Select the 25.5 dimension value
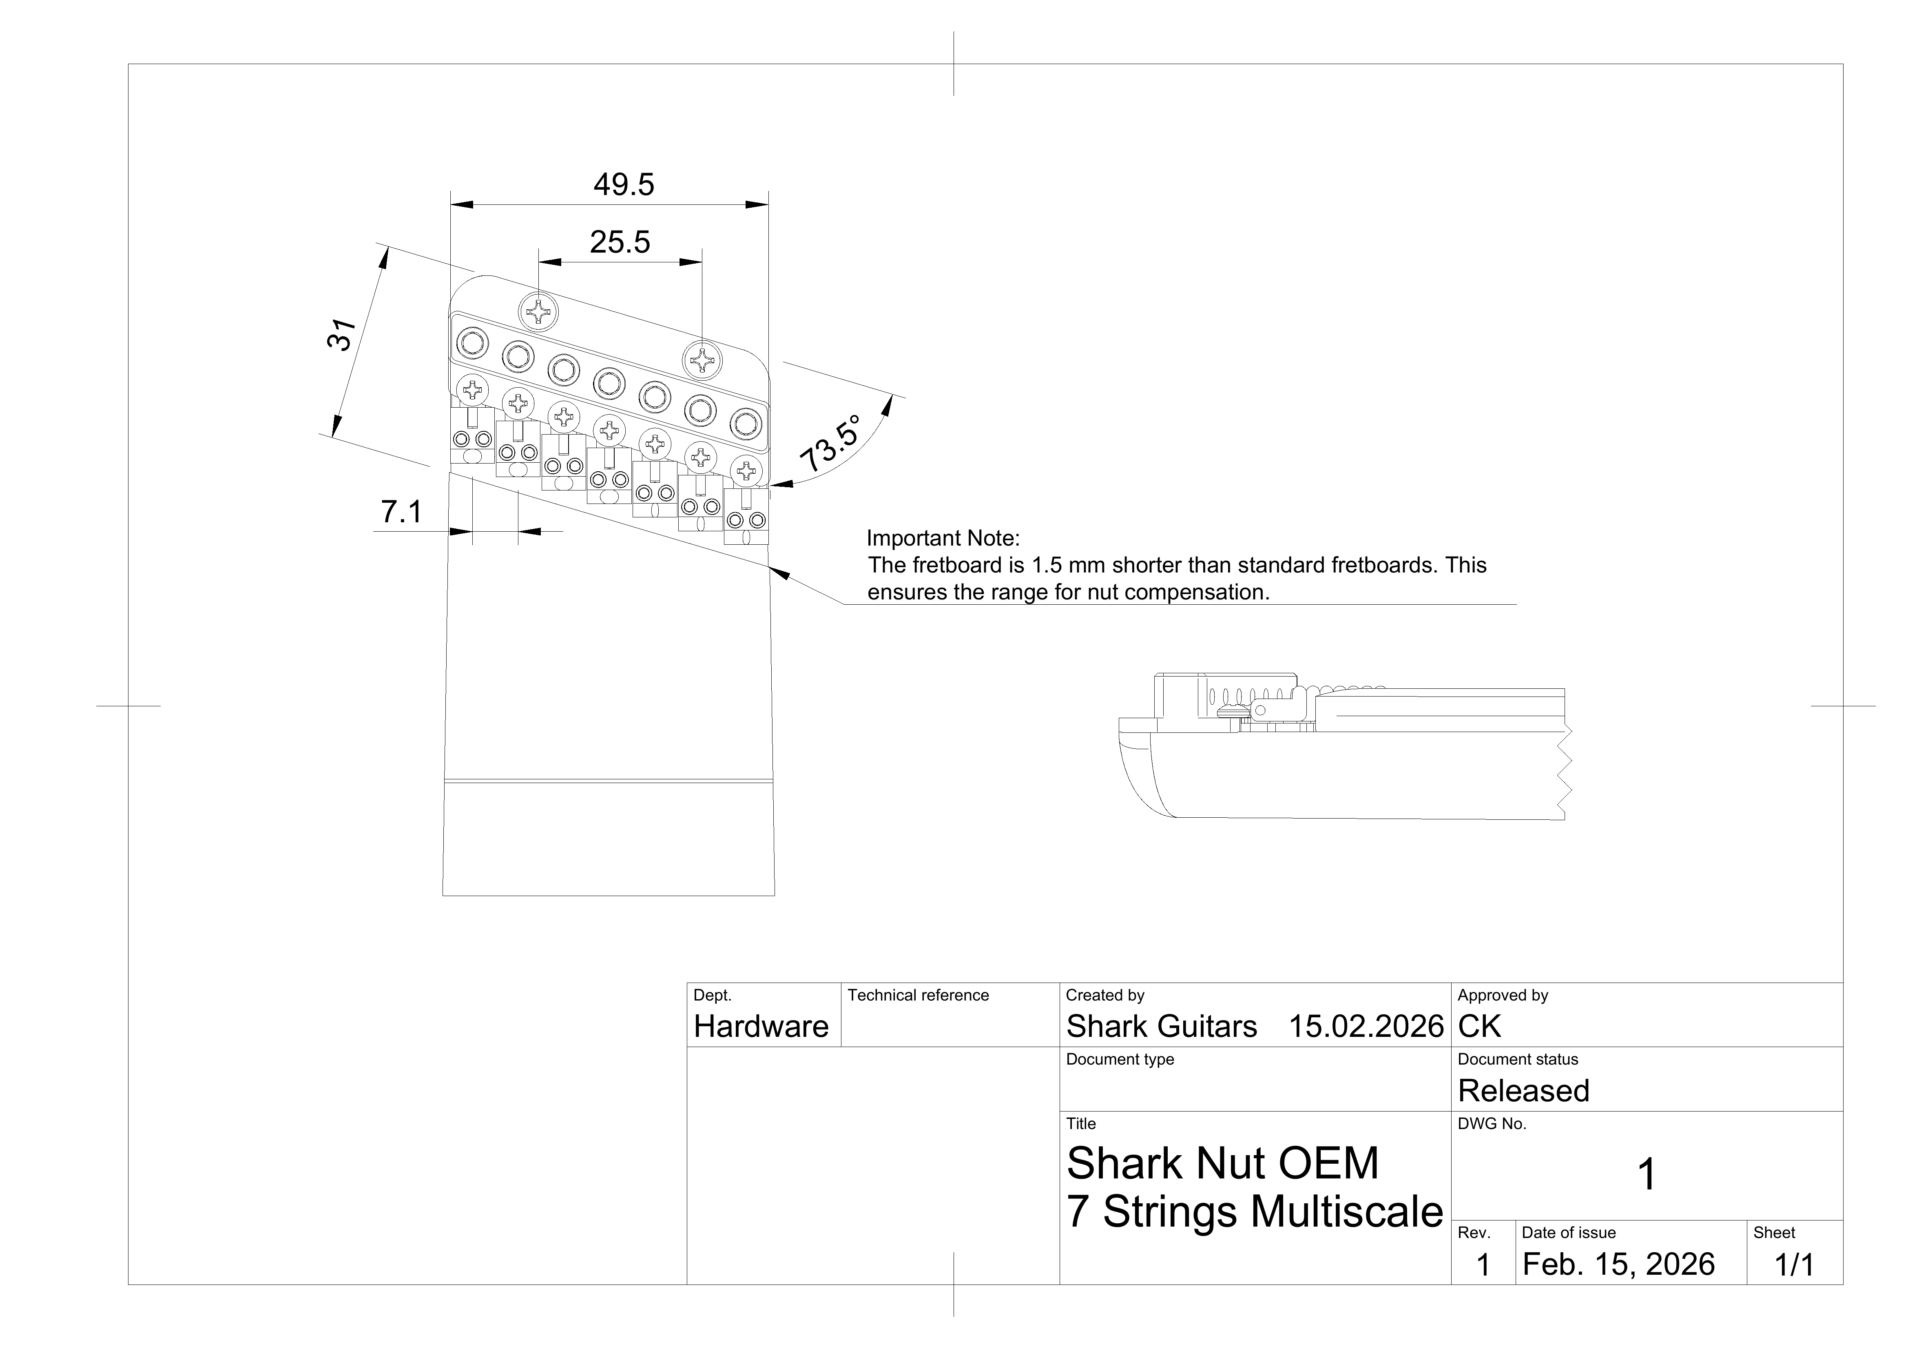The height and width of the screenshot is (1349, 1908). click(620, 242)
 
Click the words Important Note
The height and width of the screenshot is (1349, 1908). click(942, 539)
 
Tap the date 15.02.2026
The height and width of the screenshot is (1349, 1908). click(1366, 1027)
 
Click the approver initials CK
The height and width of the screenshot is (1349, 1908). click(1479, 1027)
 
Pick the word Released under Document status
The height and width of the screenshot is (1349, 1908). click(1523, 1091)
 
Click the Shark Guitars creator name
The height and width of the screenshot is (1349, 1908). click(1161, 1027)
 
